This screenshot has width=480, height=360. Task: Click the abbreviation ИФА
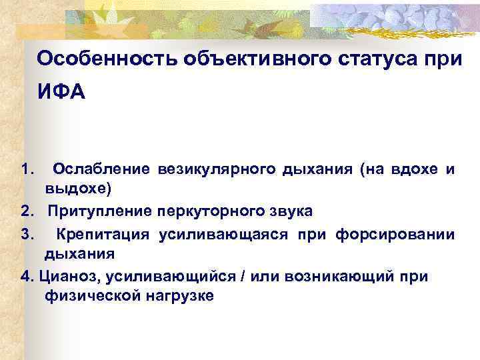point(61,91)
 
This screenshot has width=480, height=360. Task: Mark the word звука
point(288,211)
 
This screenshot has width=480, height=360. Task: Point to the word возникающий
point(325,275)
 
